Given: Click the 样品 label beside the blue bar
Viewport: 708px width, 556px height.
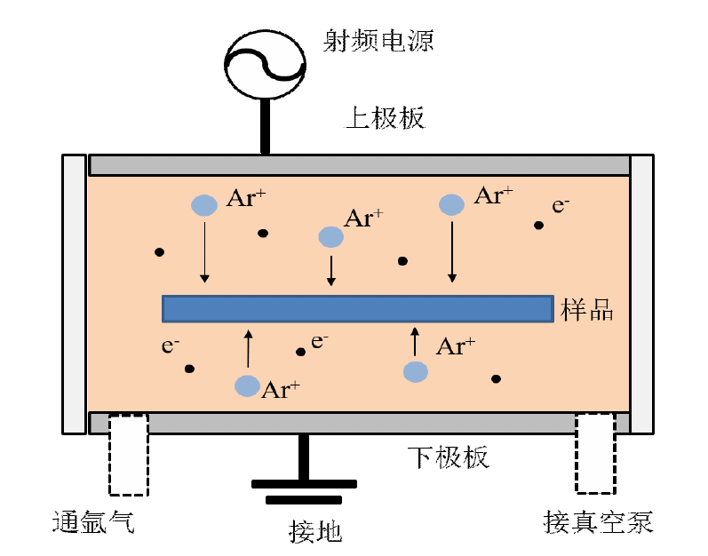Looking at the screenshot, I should [588, 309].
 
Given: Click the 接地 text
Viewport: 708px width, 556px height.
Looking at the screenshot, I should [315, 531].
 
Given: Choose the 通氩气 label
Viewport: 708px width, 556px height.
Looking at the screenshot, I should [92, 521].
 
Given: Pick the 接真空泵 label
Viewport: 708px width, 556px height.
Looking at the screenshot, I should [598, 521].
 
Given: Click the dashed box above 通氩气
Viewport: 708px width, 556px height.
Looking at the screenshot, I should [129, 454].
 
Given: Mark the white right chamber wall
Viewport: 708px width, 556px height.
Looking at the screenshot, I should [641, 293].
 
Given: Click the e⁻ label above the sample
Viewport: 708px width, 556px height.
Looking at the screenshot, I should [561, 205].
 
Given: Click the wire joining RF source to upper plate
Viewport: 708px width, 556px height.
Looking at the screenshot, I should [264, 126].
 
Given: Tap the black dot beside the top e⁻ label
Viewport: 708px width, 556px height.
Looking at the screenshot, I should [539, 226].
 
